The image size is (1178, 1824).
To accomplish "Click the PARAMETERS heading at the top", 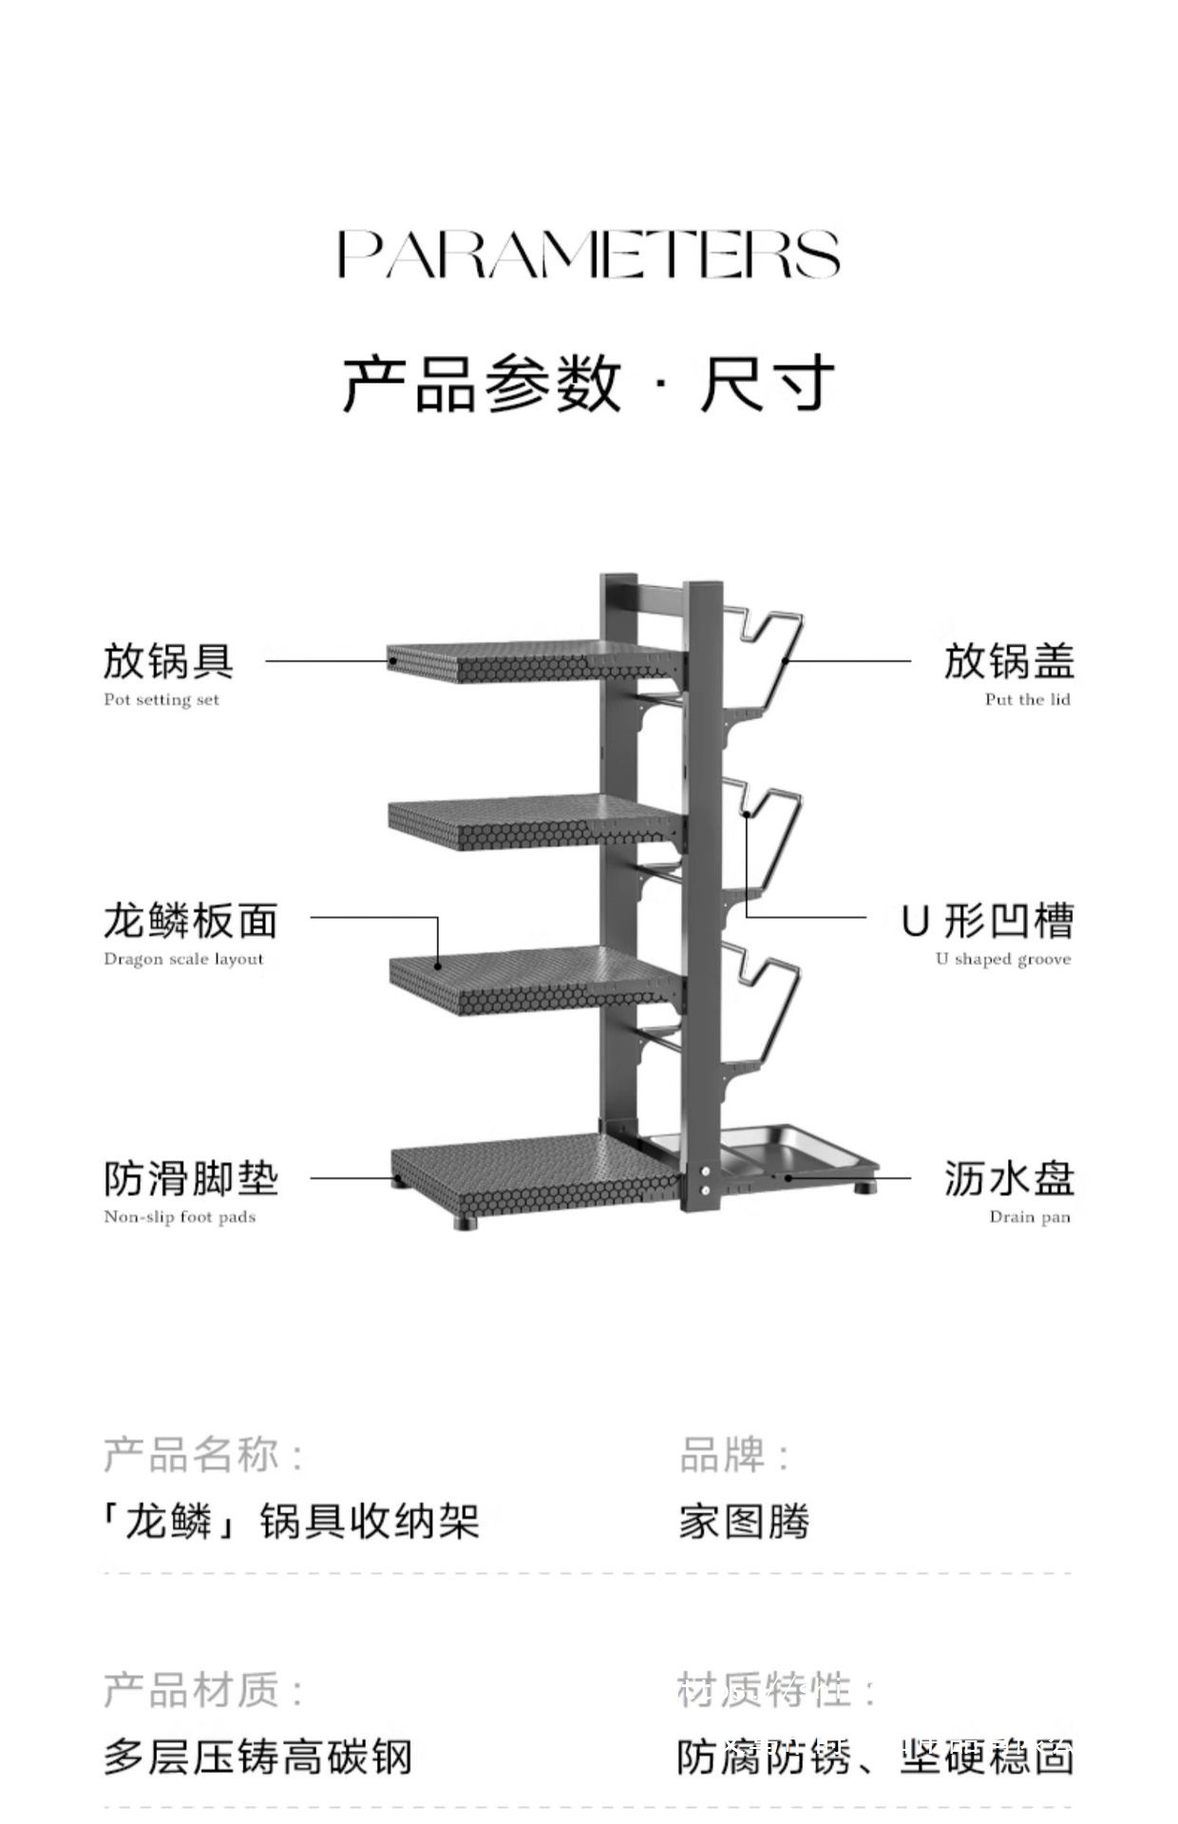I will (589, 254).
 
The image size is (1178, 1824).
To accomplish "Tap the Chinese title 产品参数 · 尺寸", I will (589, 385).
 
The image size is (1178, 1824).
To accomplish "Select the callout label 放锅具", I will (168, 661).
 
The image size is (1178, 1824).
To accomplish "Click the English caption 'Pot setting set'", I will (161, 700).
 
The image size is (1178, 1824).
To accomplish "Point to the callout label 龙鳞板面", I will (191, 921).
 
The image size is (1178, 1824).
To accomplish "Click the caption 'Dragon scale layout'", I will (183, 959).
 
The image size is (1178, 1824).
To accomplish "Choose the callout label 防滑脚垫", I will (191, 1179).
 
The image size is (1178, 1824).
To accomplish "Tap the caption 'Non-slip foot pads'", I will (180, 1217).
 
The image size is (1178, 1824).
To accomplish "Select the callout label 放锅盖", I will (1009, 661).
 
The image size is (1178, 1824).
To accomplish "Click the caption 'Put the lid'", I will (1027, 700).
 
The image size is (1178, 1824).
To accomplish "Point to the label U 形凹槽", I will (988, 921).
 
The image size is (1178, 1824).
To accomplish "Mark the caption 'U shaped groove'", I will (1002, 959).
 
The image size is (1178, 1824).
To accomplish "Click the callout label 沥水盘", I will (1009, 1179).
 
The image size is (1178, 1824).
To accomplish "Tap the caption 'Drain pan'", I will (1029, 1217).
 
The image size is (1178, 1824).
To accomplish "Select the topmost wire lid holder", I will (766, 655).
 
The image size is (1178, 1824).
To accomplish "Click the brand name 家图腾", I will (744, 1522).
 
